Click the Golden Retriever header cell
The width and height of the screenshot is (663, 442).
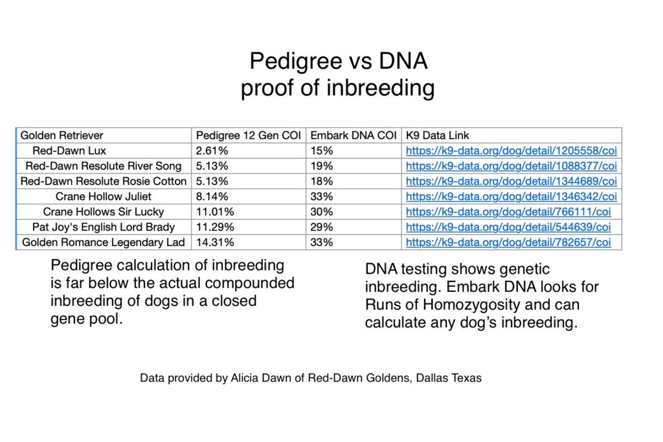pyautogui.click(x=62, y=135)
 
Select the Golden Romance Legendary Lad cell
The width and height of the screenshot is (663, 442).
pyautogui.click(x=104, y=242)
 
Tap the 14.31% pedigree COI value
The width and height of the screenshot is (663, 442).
pyautogui.click(x=215, y=242)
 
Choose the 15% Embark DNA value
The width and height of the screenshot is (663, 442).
pyautogui.click(x=320, y=151)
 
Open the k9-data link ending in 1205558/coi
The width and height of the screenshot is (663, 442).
pyautogui.click(x=511, y=151)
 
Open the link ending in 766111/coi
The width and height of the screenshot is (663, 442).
pyautogui.click(x=508, y=212)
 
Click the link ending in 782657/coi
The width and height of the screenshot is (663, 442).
pyautogui.click(x=508, y=242)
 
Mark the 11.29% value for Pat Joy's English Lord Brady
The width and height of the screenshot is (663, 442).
pyautogui.click(x=215, y=227)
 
